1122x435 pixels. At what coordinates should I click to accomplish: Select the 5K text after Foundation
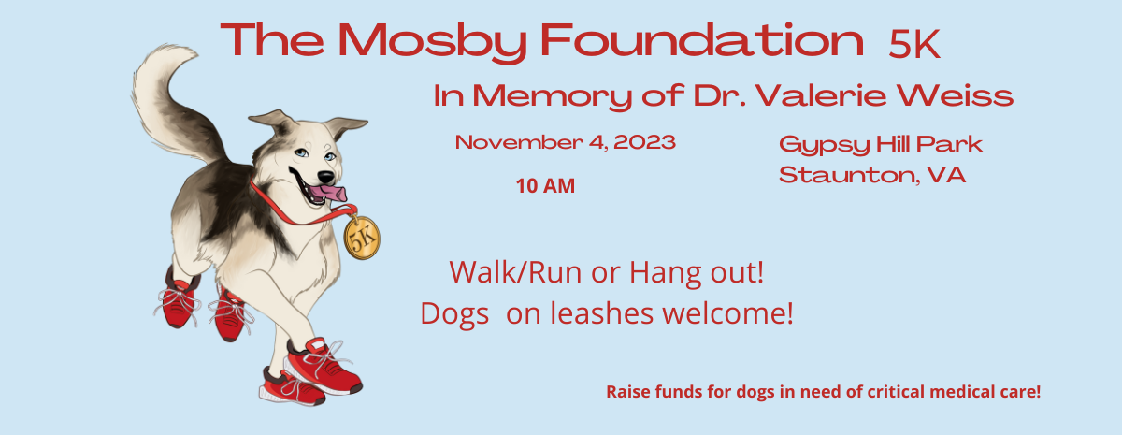[x=913, y=44]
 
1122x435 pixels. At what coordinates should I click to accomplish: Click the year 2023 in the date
[x=644, y=143]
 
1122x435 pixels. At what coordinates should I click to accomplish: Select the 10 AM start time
[x=545, y=186]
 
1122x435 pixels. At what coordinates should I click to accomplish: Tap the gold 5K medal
[x=362, y=237]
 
